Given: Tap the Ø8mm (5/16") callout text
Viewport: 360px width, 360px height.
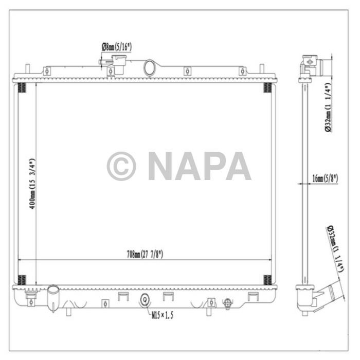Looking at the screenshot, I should tap(117, 47).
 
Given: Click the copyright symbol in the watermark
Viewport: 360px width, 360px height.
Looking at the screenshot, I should tap(121, 166).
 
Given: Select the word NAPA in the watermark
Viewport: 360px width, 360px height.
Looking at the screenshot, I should tap(200, 166).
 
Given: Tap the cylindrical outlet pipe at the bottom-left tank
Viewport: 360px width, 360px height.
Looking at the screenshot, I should tap(53, 296).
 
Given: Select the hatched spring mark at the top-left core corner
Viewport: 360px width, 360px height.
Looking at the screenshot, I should tap(21, 87).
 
